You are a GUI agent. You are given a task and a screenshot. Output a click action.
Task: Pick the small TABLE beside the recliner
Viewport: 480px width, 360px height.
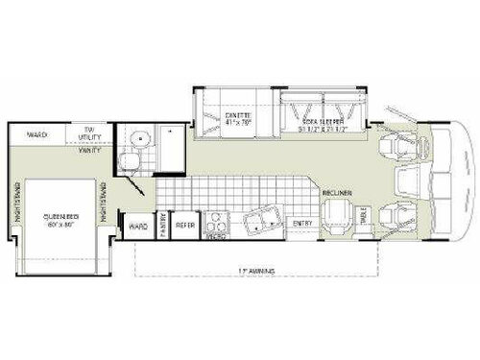click(x=362, y=218)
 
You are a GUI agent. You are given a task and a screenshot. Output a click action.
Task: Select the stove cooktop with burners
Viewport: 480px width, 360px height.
click(x=216, y=225)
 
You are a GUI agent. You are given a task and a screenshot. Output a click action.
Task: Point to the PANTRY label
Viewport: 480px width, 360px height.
click(x=163, y=225)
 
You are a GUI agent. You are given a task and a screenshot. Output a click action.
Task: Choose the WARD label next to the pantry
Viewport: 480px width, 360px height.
click(x=137, y=227)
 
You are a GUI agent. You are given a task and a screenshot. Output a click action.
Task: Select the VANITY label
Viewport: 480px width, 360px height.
click(x=92, y=153)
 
